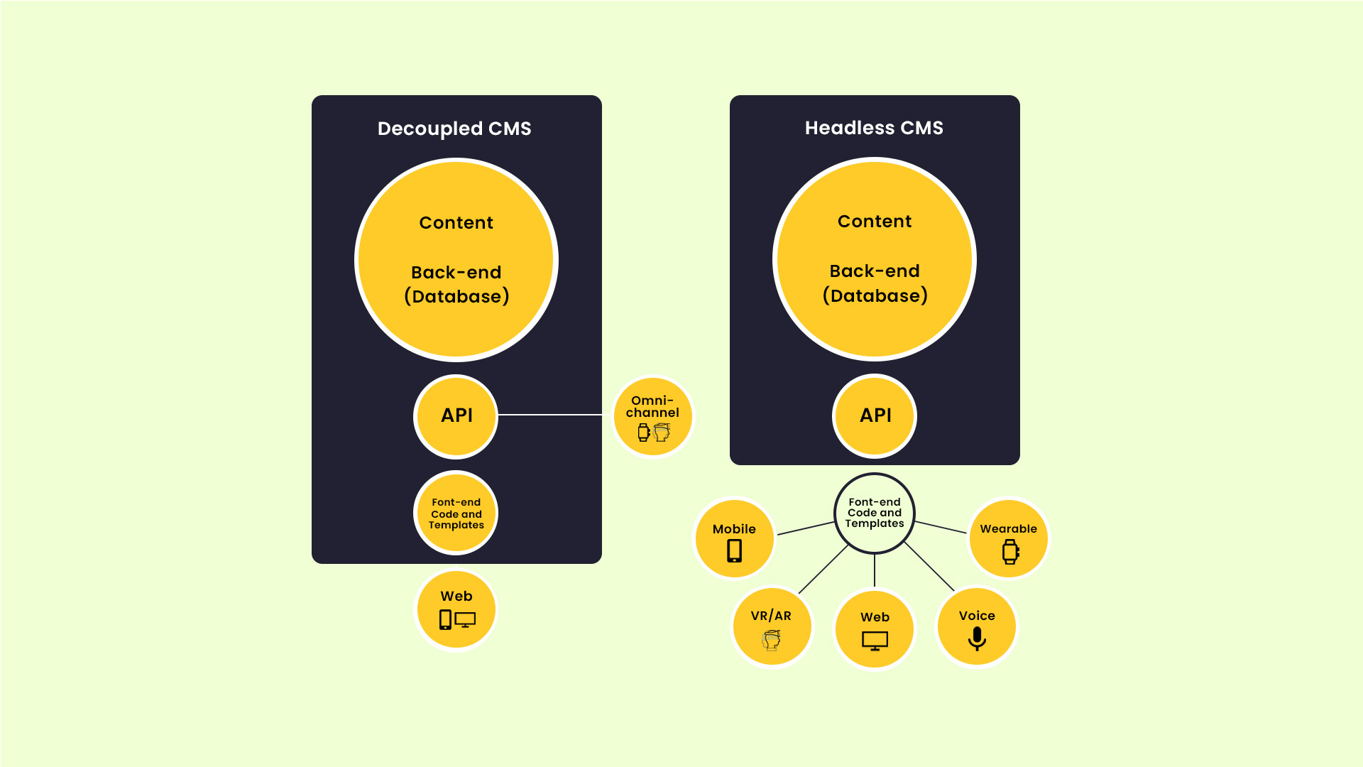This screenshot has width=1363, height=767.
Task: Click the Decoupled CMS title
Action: (454, 129)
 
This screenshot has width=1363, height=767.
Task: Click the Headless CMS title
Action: (874, 128)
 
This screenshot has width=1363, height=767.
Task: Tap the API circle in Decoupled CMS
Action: (456, 415)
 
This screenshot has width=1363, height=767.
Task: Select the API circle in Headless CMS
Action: (875, 415)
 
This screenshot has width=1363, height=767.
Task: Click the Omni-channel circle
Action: (652, 417)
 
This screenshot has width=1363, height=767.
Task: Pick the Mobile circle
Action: (734, 538)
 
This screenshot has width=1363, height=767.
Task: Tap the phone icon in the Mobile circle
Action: (735, 551)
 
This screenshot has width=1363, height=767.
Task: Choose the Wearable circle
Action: (1008, 538)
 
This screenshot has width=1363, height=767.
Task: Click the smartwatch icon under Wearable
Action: (1010, 552)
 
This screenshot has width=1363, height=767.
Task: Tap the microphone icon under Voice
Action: (977, 638)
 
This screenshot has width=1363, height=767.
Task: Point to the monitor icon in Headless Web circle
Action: (875, 641)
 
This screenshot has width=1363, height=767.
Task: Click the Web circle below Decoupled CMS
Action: (456, 610)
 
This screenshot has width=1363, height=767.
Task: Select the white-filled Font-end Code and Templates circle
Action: (875, 513)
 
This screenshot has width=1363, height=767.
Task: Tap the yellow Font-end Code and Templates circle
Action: (456, 513)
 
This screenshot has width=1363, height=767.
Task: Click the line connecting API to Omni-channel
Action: (550, 415)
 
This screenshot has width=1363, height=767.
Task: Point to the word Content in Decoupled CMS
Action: (456, 223)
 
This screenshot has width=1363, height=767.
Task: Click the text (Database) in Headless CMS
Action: (875, 296)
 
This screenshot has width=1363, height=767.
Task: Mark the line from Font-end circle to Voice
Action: (929, 567)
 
